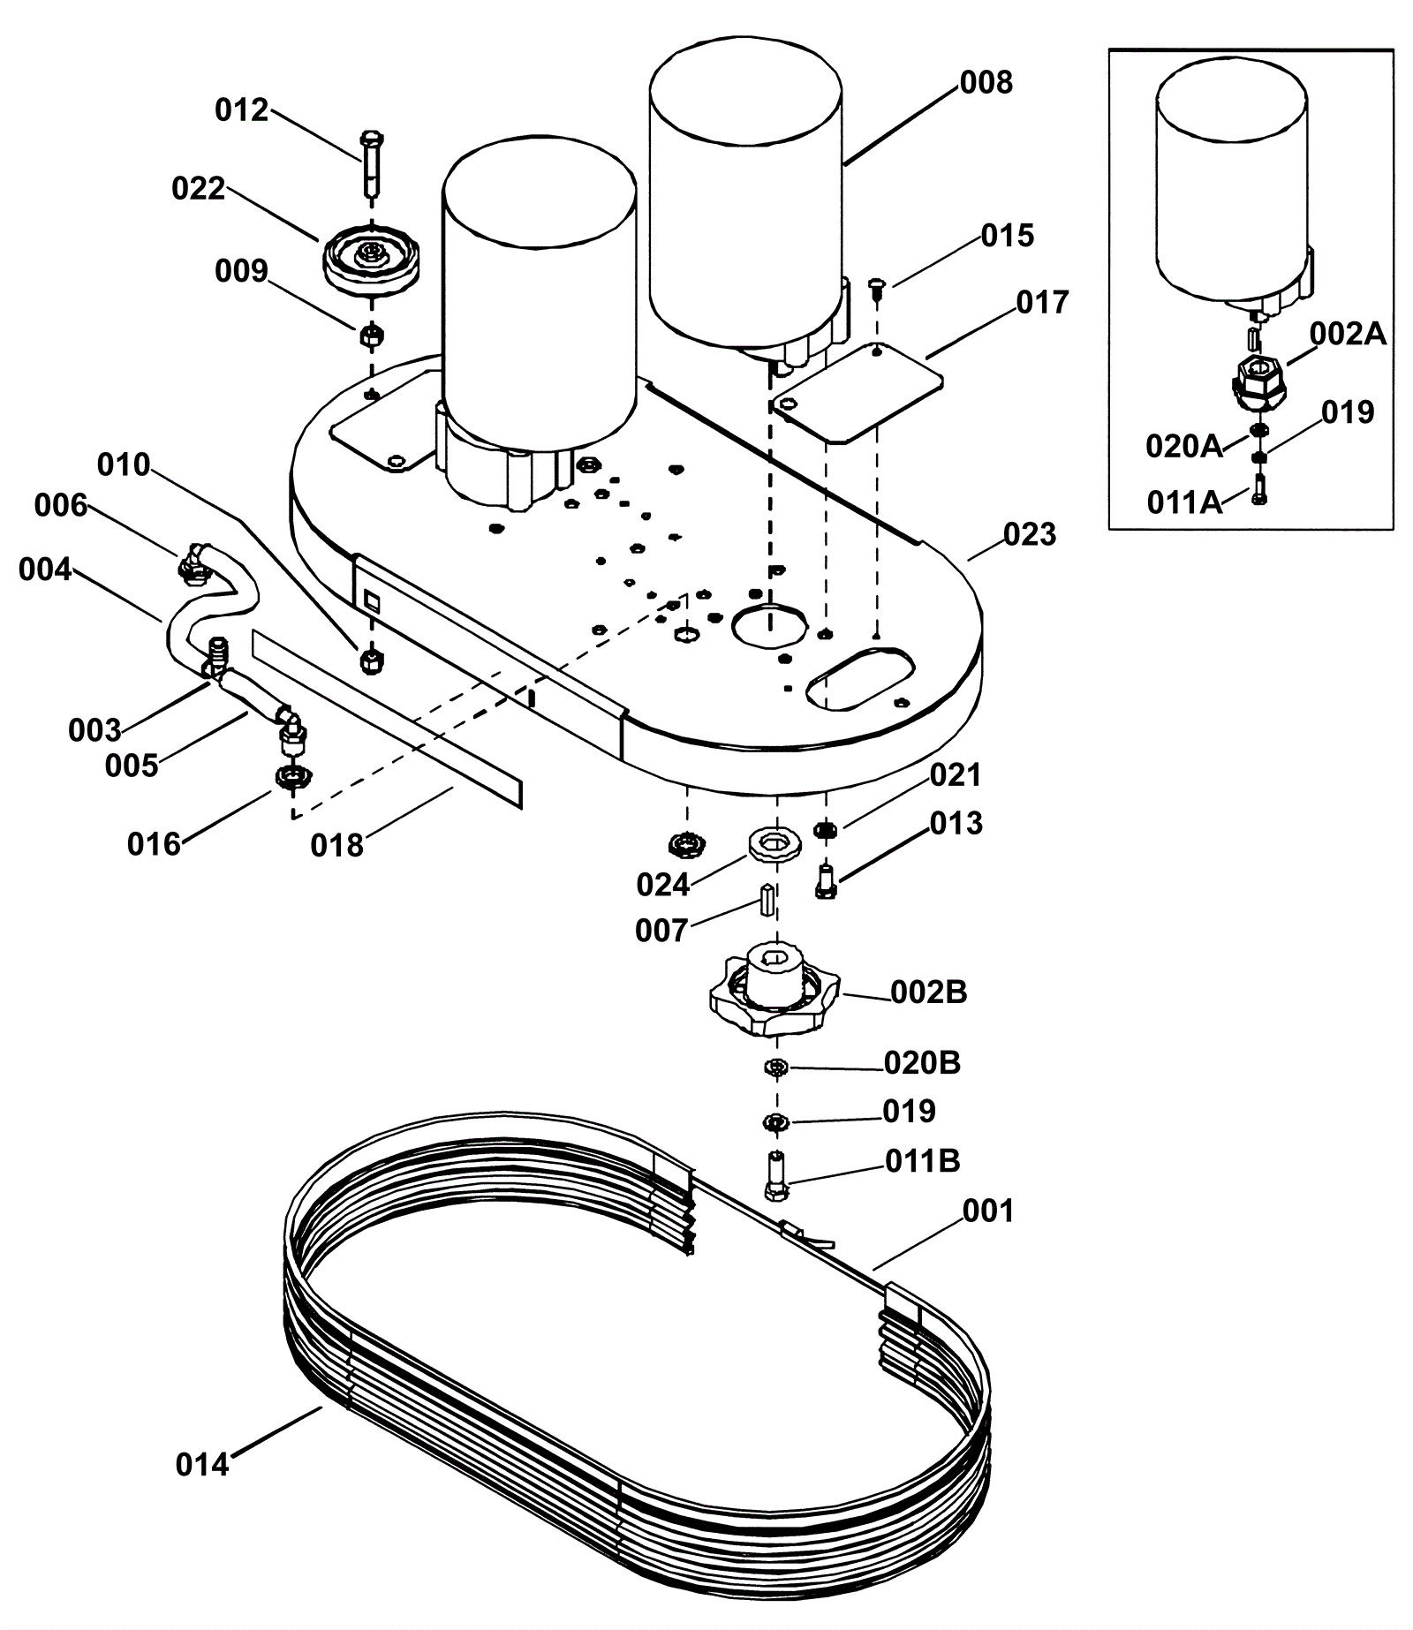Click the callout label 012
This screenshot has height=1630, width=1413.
241,110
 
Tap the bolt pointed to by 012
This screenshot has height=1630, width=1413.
372,165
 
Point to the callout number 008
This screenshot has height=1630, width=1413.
986,82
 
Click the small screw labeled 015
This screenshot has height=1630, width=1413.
876,286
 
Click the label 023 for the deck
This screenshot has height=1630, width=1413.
1030,534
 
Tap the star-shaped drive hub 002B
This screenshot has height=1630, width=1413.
775,989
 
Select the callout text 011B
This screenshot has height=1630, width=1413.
922,1161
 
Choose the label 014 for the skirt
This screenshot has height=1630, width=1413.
202,1465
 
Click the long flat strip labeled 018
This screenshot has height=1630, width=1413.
387,719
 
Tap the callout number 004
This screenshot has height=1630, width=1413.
45,570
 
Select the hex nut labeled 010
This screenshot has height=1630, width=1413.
371,659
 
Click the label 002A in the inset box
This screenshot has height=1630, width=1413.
1348,334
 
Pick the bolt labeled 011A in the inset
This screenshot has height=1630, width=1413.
1259,488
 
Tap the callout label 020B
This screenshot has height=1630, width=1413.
922,1062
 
